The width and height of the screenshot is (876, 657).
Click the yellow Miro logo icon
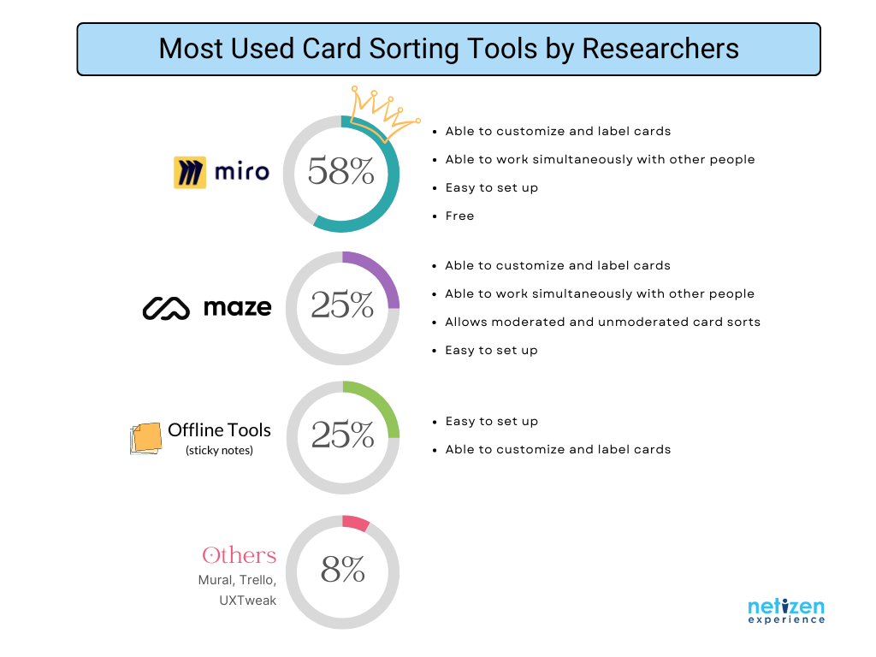pos(190,172)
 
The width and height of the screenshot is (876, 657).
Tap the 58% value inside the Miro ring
pos(340,170)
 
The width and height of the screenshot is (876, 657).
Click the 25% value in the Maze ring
pos(342,305)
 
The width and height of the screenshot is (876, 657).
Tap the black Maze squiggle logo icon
pos(166,308)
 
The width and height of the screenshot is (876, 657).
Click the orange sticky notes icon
pos(145,439)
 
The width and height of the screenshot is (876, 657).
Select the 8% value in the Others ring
pos(342,569)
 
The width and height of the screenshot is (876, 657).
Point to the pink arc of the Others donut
pos(356,523)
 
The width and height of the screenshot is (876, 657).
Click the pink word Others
pos(240,555)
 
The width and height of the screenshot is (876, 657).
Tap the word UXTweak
pos(247,601)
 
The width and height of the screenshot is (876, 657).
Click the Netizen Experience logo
pos(786,611)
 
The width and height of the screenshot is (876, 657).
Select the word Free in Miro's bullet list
pos(459,216)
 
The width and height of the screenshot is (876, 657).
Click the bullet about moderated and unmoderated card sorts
pos(602,323)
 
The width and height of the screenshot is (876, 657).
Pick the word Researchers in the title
pos(660,49)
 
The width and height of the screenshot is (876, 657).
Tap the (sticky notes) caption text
pos(219,450)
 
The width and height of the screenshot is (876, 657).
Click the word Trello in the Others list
pos(257,580)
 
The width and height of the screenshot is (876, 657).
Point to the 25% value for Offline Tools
pos(342,434)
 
